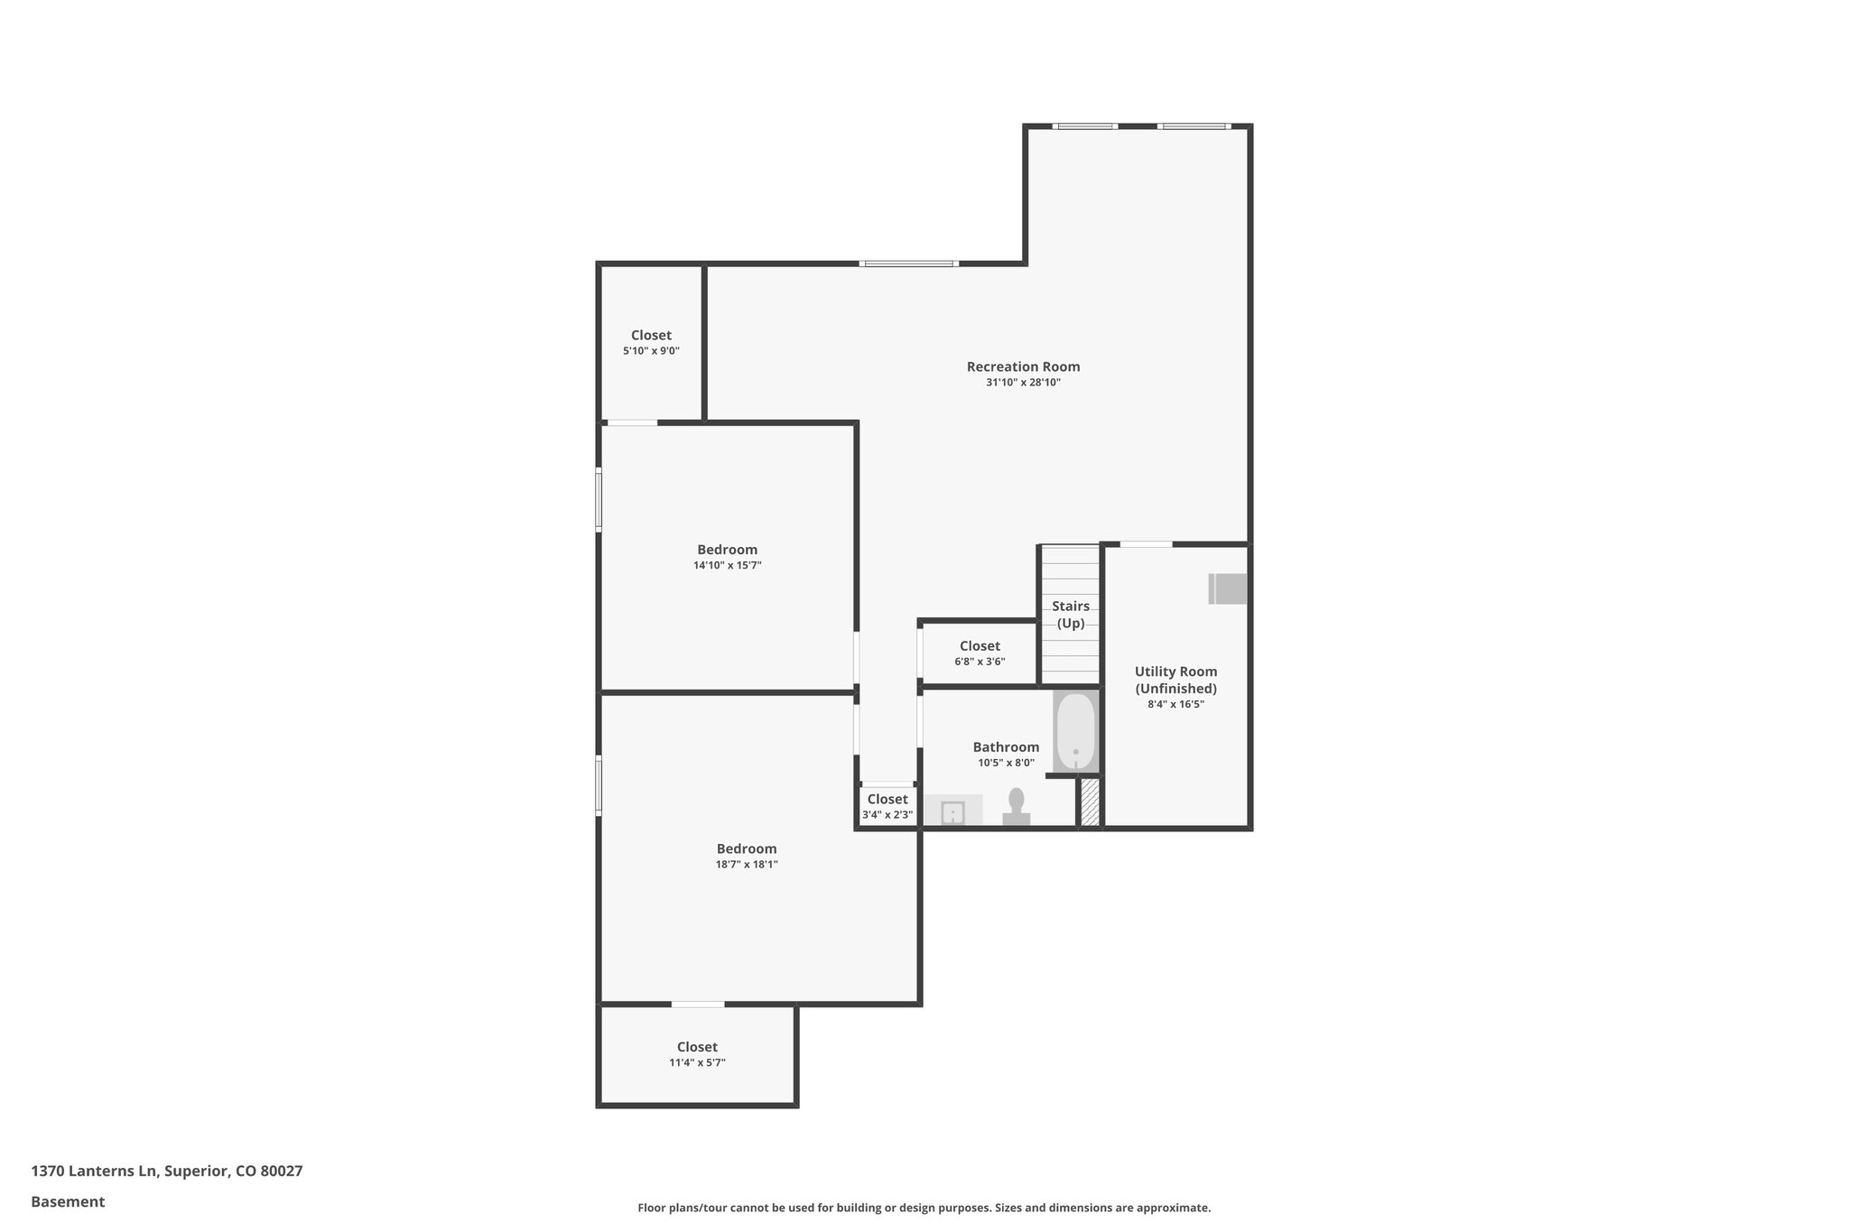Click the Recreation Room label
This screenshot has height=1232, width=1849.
point(1023,366)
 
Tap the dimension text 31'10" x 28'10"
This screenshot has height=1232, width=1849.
point(1023,383)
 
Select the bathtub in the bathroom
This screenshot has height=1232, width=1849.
point(1075,731)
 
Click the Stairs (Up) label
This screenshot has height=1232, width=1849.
point(1070,614)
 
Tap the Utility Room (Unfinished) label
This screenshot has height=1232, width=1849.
point(1175,680)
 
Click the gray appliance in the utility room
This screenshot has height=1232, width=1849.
point(1229,588)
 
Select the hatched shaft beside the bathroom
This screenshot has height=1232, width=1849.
point(1090,802)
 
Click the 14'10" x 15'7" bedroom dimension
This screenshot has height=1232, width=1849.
point(727,566)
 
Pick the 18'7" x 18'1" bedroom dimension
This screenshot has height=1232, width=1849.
point(747,865)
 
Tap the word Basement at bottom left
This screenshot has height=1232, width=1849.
point(68,1201)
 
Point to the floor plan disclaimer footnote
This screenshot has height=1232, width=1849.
point(924,1208)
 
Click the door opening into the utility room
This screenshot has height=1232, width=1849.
point(1146,544)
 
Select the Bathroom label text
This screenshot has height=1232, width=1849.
point(1006,747)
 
